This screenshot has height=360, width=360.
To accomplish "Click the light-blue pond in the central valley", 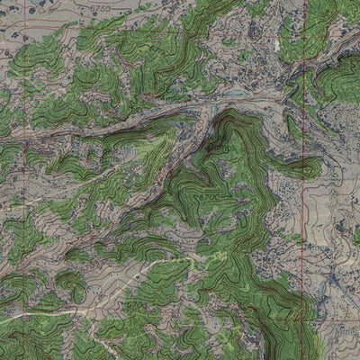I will (x=235, y=93).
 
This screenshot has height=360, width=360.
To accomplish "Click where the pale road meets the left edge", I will (x=2, y=320).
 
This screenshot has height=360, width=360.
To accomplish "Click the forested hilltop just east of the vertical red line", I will (x=311, y=167).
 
